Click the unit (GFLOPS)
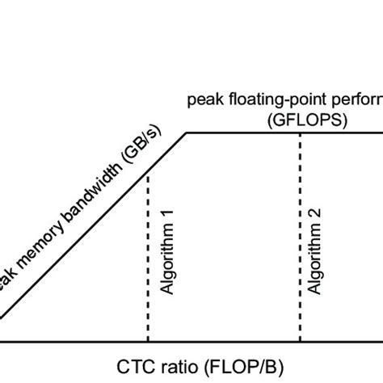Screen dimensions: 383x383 [300, 118]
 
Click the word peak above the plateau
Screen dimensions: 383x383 [203, 100]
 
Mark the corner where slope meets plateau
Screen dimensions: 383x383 [187, 133]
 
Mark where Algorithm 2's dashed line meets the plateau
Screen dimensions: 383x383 [301, 133]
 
